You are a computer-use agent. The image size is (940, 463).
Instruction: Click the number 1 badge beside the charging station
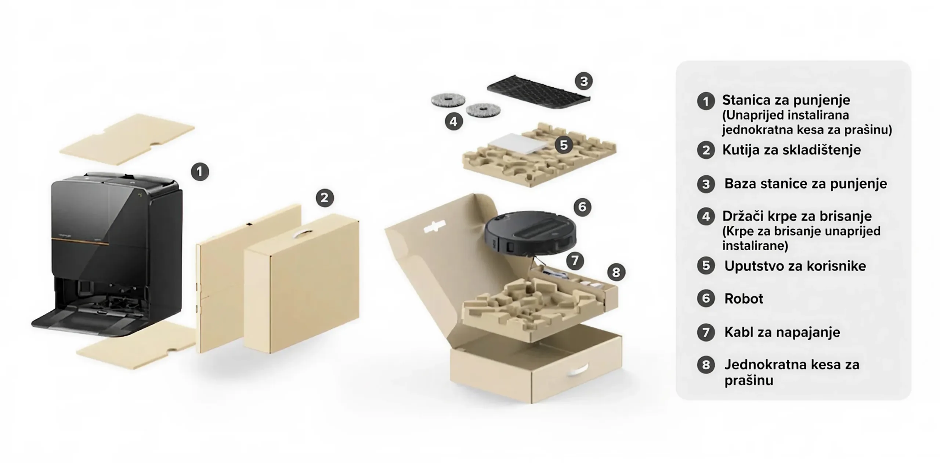pos(200,172)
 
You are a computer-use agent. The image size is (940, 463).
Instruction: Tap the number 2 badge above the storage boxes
pos(325,198)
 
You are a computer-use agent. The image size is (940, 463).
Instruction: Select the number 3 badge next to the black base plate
pos(584,81)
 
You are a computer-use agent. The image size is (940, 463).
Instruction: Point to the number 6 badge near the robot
pos(582,207)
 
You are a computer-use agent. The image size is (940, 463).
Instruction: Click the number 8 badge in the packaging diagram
pos(616,272)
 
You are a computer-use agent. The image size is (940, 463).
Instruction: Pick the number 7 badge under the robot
pos(575,261)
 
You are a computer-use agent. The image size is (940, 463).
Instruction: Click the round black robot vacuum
pos(530,233)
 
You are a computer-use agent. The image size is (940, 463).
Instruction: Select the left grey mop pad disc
pos(448,100)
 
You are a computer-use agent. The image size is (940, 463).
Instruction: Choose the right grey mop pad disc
pos(483,109)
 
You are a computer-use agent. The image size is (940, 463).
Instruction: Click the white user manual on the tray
pos(518,144)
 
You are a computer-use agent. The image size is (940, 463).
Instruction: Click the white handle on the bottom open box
pos(578,370)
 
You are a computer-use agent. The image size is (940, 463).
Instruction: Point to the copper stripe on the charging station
pos(80,241)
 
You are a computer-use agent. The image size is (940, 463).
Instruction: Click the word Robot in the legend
pos(744,298)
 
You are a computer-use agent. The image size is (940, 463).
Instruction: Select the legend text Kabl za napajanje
pos(782,332)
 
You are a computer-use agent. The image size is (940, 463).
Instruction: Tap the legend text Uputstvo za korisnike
pos(795,266)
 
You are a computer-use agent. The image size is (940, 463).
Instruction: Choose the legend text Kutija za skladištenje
pos(791,150)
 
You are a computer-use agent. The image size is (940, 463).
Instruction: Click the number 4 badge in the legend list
pos(706,216)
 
